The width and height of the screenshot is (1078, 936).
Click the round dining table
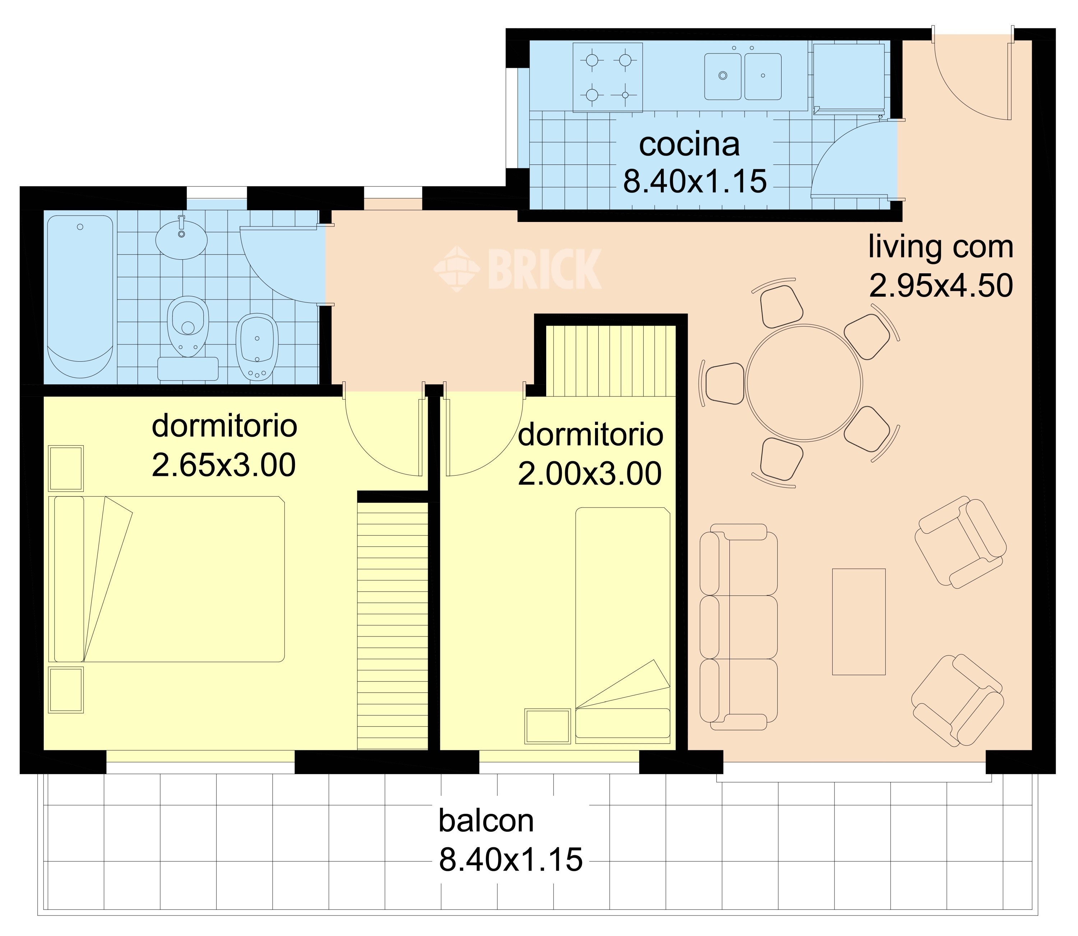click(x=804, y=383)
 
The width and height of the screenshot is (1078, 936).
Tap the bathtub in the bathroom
click(x=80, y=297)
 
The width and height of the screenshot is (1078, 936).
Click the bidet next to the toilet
click(x=257, y=347)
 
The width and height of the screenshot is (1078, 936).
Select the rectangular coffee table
click(x=858, y=622)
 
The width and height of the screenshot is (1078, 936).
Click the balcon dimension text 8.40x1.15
click(x=511, y=860)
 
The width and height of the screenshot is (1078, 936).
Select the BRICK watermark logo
click(x=517, y=269)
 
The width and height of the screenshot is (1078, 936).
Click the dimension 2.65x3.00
click(x=224, y=465)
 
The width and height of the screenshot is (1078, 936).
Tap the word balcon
click(x=486, y=821)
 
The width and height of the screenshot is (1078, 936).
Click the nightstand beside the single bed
click(x=548, y=726)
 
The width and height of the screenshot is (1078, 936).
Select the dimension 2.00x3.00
click(x=590, y=474)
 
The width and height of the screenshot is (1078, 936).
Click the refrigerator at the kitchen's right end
click(x=849, y=76)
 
